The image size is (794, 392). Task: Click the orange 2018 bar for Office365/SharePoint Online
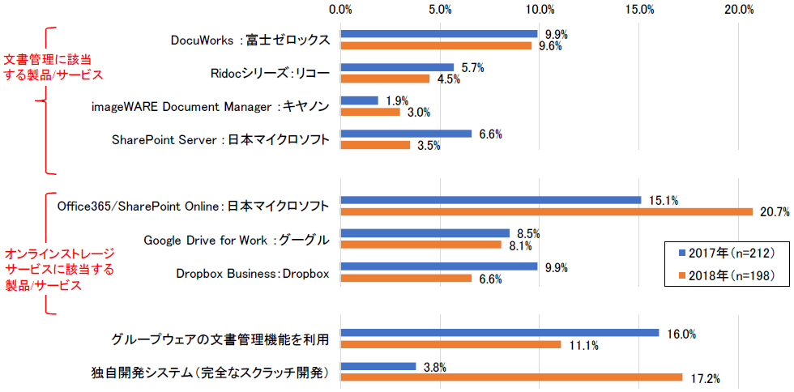pyautogui.click(x=547, y=212)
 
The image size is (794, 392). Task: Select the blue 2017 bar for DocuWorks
pyautogui.click(x=439, y=34)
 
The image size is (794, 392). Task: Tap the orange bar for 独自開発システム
pyautogui.click(x=511, y=377)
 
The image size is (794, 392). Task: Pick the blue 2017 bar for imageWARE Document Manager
pyautogui.click(x=360, y=100)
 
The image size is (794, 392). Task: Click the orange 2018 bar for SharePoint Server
pyautogui.click(x=375, y=145)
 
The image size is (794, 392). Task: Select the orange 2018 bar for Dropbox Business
pyautogui.click(x=406, y=279)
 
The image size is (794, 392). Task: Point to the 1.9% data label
pyautogui.click(x=398, y=101)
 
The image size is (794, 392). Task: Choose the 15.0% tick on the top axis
pyautogui.click(x=639, y=10)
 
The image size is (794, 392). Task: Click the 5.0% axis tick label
pyautogui.click(x=440, y=10)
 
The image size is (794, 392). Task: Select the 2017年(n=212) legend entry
pyautogui.click(x=727, y=254)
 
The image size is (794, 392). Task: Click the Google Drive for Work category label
pyautogui.click(x=236, y=240)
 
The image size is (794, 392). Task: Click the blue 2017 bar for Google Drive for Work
pyautogui.click(x=425, y=233)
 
